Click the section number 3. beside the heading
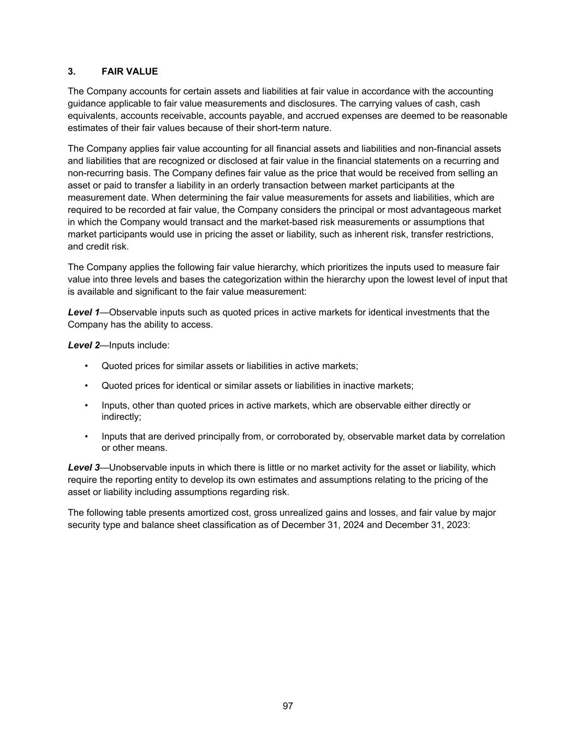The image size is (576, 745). [x=72, y=71]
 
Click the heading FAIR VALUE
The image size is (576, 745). [x=129, y=71]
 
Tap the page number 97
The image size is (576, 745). [x=288, y=706]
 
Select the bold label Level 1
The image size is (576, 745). [x=84, y=312]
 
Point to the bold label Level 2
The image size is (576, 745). [x=84, y=345]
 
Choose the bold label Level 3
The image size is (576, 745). [x=84, y=467]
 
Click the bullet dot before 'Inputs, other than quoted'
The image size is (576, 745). [x=86, y=406]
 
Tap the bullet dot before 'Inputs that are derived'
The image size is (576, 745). [x=86, y=437]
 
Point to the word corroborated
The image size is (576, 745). [x=302, y=436]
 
